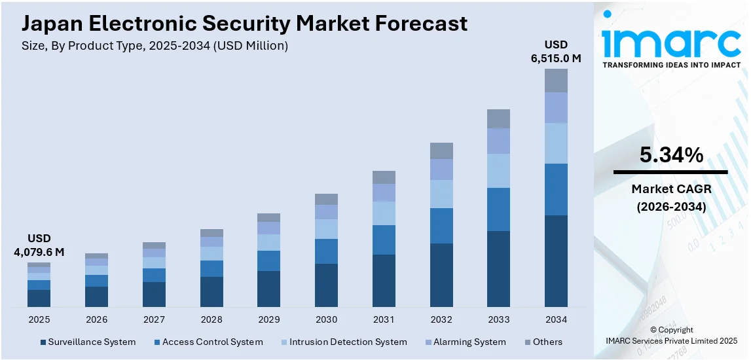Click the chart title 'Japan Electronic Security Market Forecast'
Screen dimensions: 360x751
click(x=244, y=24)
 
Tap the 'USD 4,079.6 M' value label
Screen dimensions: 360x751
click(x=39, y=245)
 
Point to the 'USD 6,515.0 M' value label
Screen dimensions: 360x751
click(x=556, y=51)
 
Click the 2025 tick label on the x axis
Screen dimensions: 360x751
click(x=39, y=319)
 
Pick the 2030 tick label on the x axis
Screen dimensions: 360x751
click(x=326, y=319)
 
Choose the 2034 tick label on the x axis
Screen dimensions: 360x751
click(x=556, y=319)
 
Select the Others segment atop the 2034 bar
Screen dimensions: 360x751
click(x=556, y=81)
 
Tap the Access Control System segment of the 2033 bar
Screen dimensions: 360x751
click(x=498, y=209)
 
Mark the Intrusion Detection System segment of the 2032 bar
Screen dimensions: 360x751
click(x=441, y=194)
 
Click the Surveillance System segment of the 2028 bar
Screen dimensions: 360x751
click(x=211, y=292)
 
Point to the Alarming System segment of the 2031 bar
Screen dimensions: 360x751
click(x=384, y=192)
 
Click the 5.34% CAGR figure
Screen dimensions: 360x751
click(x=671, y=155)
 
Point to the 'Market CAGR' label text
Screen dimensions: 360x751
click(x=671, y=189)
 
